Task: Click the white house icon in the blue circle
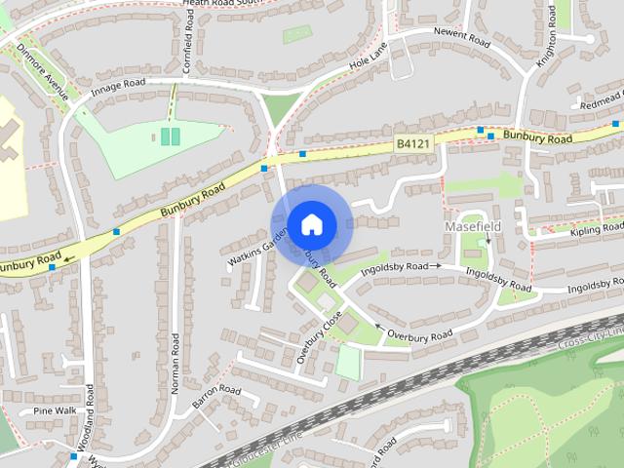pos(311,224)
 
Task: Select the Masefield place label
pos(473,226)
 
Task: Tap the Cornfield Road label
pos(189,29)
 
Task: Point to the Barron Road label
pos(215,396)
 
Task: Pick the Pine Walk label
pos(55,410)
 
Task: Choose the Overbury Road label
pos(421,335)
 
